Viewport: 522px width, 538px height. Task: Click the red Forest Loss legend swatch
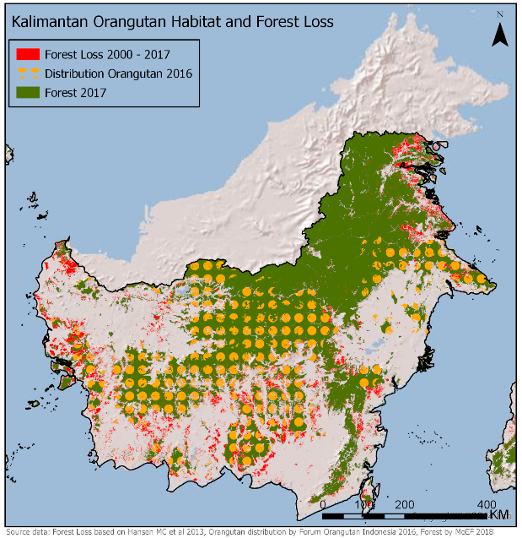pyautogui.click(x=25, y=54)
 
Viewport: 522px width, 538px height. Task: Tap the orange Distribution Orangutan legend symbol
pyautogui.click(x=25, y=73)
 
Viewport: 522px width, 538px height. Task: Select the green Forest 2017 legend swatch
pyautogui.click(x=25, y=93)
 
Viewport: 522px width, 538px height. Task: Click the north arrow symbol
pyautogui.click(x=500, y=34)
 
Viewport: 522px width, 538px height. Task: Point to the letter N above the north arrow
pyautogui.click(x=500, y=14)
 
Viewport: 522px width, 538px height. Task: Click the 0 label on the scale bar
pyautogui.click(x=324, y=503)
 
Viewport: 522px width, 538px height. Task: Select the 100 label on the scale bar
pyautogui.click(x=364, y=503)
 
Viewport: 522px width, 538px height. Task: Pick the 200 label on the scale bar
pyautogui.click(x=405, y=503)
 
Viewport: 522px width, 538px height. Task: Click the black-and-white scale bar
pyautogui.click(x=405, y=514)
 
